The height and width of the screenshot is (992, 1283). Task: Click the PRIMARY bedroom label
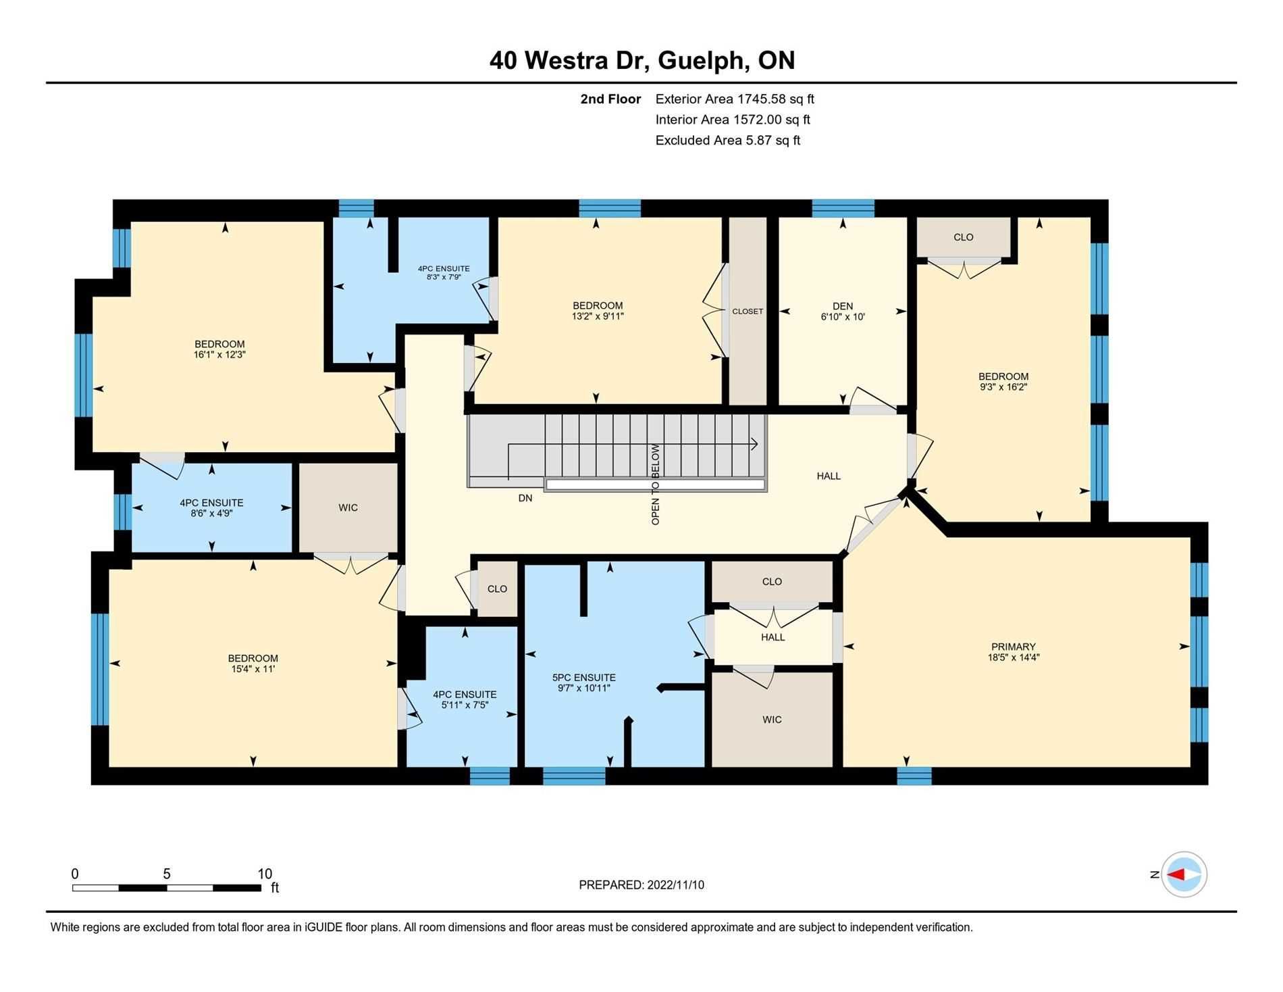point(1013,647)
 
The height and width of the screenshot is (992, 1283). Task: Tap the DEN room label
point(843,306)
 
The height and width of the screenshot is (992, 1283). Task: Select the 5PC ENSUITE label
point(584,678)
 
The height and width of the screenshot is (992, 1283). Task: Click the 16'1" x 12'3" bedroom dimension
point(219,354)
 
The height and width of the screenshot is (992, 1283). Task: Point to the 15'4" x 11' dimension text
point(253,669)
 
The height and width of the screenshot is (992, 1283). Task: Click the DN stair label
point(525,498)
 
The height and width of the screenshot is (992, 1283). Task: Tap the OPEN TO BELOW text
point(655,485)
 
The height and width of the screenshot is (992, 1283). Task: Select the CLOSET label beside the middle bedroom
point(748,312)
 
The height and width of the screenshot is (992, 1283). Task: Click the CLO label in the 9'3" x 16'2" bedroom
point(964,237)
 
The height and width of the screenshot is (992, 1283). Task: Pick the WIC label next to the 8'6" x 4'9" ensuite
point(348,507)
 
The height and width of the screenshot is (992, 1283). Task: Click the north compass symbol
point(1184,874)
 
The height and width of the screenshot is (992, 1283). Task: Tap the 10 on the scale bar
point(265,874)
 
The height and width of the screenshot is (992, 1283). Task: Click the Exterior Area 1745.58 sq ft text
point(735,99)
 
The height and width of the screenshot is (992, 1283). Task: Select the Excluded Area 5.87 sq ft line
point(728,141)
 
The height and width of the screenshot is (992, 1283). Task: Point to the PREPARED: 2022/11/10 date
point(641,885)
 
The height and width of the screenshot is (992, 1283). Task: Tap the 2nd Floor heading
point(610,99)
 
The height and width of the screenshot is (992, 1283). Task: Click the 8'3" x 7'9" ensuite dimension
point(444,277)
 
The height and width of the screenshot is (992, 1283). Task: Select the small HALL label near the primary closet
point(773,637)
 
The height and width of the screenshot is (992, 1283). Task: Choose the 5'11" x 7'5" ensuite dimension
point(465,705)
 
